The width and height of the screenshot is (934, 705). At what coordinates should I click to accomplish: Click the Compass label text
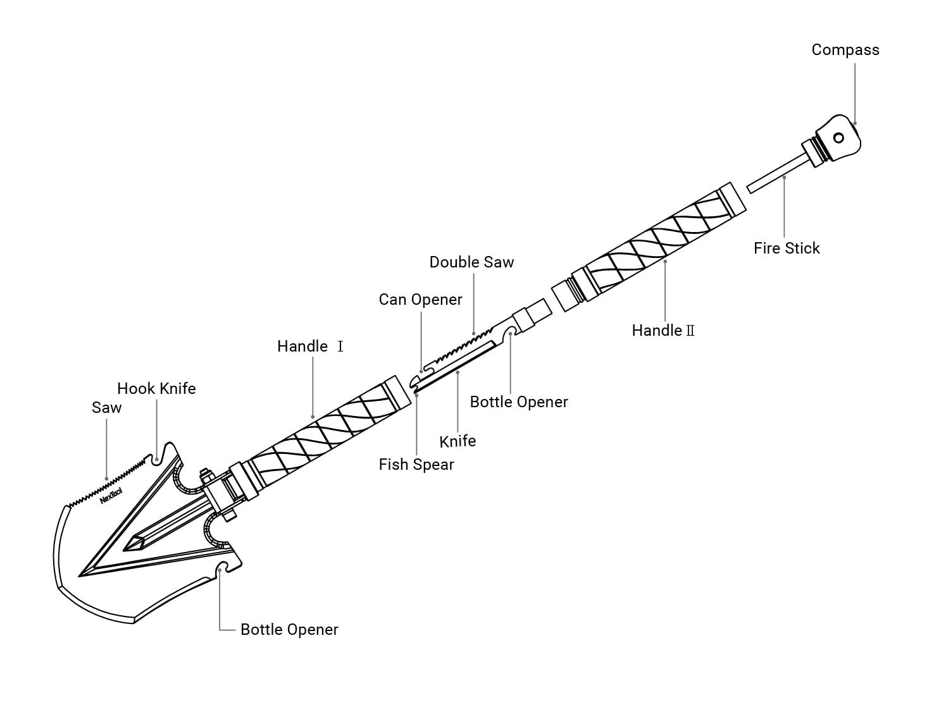click(845, 50)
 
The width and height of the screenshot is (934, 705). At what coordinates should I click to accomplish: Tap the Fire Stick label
click(786, 248)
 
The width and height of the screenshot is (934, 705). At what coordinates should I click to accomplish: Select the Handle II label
click(663, 331)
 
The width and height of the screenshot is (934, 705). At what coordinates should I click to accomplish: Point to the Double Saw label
click(471, 262)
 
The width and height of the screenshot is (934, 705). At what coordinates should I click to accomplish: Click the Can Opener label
click(420, 300)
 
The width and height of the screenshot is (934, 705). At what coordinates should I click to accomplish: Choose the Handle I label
click(310, 346)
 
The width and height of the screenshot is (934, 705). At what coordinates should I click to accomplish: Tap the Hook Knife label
click(156, 389)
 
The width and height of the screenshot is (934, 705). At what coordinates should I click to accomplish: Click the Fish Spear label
click(416, 465)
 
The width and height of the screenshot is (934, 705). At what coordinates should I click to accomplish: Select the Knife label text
click(457, 441)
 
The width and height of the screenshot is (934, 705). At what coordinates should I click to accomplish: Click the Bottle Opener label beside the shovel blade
click(289, 630)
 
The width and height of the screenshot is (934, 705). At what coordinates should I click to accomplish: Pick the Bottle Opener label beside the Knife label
click(519, 402)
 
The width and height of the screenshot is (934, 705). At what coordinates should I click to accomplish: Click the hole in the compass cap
click(838, 138)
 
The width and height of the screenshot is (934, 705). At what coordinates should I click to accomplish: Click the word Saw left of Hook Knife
click(106, 408)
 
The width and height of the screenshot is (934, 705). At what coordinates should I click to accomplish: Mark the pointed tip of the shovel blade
click(81, 575)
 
